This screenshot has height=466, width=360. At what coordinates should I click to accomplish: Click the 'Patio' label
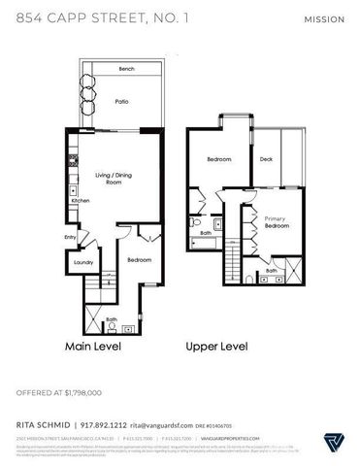[x=122, y=100]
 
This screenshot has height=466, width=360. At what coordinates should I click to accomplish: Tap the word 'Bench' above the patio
[x=126, y=69]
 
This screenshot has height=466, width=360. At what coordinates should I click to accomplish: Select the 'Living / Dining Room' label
[x=114, y=179]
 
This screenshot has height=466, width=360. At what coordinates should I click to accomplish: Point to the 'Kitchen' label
[x=81, y=201]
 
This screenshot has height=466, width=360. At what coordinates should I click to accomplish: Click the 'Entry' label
[x=71, y=237]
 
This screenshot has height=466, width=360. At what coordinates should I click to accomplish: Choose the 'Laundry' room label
[x=82, y=262]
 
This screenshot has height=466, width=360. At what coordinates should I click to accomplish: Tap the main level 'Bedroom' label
[x=140, y=260]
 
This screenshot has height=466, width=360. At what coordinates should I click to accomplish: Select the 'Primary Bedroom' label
[x=278, y=224]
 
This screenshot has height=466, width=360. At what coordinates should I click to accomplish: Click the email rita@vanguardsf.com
[x=166, y=423]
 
